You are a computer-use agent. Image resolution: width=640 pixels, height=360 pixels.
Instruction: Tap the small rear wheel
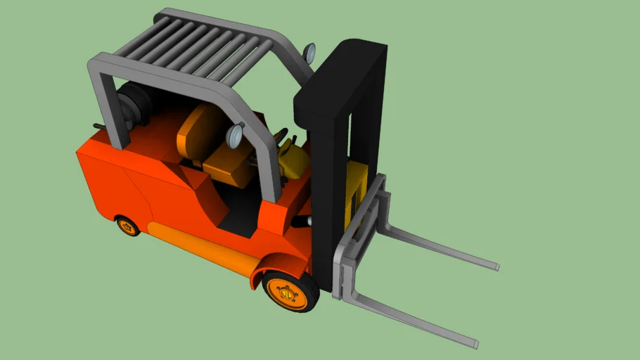point(128,226)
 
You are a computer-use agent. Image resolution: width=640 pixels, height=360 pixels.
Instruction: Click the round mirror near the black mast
point(309,51)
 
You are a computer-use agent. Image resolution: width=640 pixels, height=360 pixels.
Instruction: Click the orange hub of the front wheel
point(288,292)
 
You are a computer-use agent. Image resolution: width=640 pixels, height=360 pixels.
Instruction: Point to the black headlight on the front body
point(301,221)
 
